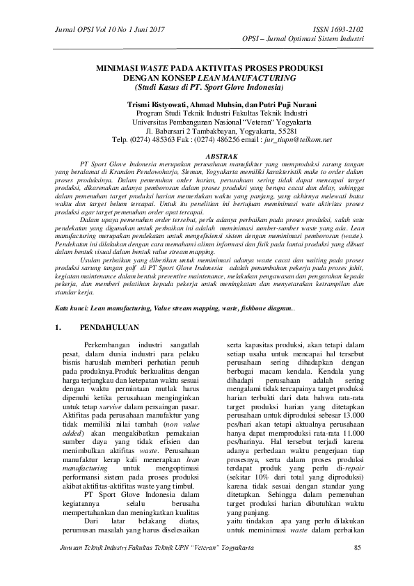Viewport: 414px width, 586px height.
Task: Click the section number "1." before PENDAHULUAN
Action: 58,326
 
